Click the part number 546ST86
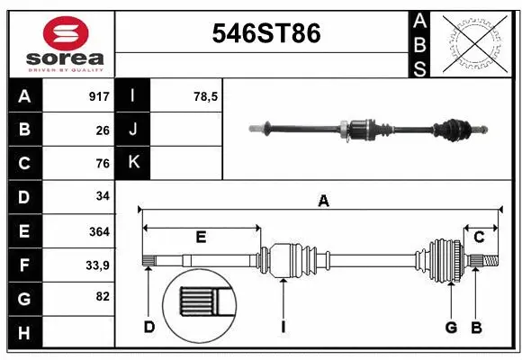[x=265, y=33]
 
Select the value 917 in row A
[x=98, y=96]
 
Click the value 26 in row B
[x=102, y=130]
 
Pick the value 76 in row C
[x=102, y=164]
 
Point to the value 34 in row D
[x=102, y=196]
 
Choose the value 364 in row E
[x=98, y=231]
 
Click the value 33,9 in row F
[x=97, y=265]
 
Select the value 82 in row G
[x=102, y=297]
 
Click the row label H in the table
[x=24, y=333]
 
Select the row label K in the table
[x=134, y=163]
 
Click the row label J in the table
[x=134, y=130]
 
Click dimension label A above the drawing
[x=323, y=202]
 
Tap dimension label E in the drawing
[x=201, y=238]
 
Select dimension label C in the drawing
[x=480, y=238]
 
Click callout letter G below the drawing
[x=451, y=327]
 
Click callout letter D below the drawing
[x=149, y=327]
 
